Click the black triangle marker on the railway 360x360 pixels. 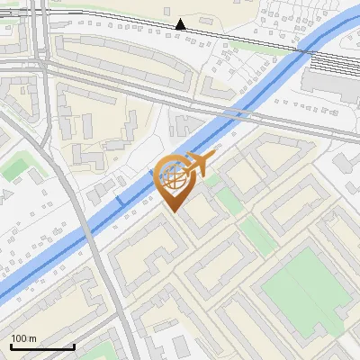pos(181,24)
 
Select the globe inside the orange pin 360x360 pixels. pos(172,178)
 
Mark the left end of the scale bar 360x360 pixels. pos(11,347)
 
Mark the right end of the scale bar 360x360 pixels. pos(74,347)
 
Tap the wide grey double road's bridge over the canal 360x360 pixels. pos(236,113)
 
